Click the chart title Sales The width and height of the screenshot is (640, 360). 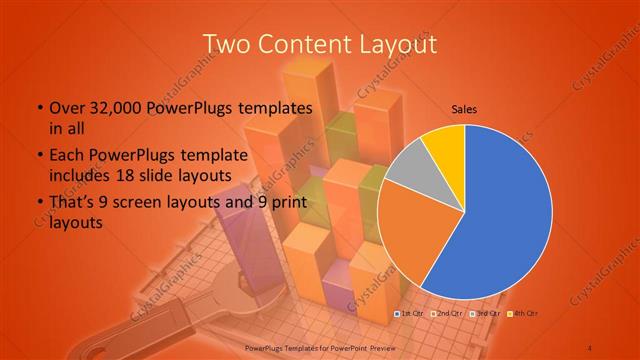click(464, 109)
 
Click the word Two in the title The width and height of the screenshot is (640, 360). click(227, 44)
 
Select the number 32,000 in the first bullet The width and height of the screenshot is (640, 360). click(115, 107)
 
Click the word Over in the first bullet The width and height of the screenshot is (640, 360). click(63, 107)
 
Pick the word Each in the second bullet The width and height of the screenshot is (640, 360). click(66, 156)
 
